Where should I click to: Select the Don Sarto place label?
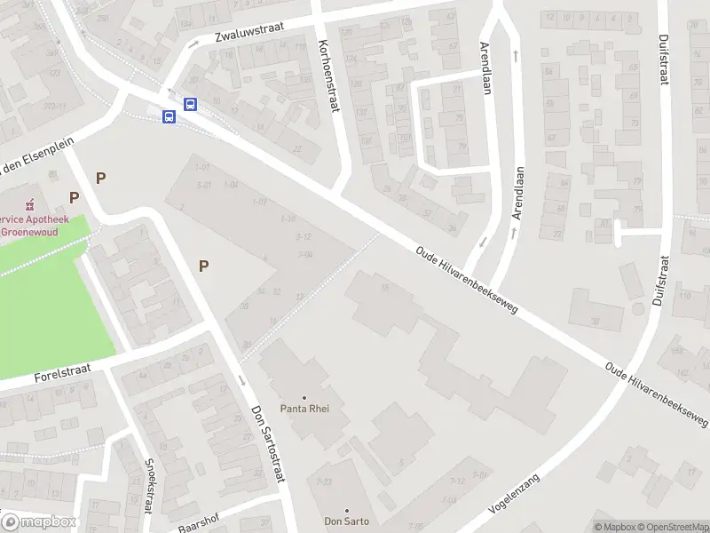[346, 521]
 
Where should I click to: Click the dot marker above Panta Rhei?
[304, 397]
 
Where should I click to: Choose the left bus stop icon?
[168, 116]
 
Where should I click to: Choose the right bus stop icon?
[190, 104]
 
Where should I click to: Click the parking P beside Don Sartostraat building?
[204, 265]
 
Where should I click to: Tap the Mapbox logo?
[39, 522]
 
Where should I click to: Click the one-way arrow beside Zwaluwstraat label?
[193, 44]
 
